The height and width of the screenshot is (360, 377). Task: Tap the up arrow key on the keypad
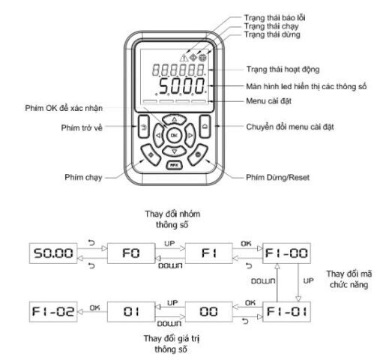pos(174,119)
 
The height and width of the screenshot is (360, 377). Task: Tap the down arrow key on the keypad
pos(174,151)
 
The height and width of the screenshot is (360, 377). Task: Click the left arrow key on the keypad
pos(158,135)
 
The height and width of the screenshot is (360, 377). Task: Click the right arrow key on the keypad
pos(190,135)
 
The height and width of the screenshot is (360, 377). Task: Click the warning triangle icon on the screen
pos(184,58)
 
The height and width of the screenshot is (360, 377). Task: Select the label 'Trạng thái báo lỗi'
pos(274,18)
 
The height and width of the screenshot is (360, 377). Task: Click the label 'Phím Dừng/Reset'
pos(277,178)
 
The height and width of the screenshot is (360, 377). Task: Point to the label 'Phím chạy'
pos(83,177)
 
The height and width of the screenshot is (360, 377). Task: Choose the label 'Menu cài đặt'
pos(268,101)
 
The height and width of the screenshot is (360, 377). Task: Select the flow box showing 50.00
pos(53,253)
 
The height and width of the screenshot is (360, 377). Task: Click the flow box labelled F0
pos(131,253)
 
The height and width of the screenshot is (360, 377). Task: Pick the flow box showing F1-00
pos(286,253)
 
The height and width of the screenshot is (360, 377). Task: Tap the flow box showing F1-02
pos(53,312)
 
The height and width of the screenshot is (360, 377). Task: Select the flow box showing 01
pos(131,312)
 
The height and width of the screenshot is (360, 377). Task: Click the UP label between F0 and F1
pos(169,243)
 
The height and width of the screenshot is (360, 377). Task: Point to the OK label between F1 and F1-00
pos(246,243)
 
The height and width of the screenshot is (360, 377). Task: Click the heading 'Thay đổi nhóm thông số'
pos(172,219)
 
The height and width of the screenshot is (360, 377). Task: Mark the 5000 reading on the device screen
pos(182,86)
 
